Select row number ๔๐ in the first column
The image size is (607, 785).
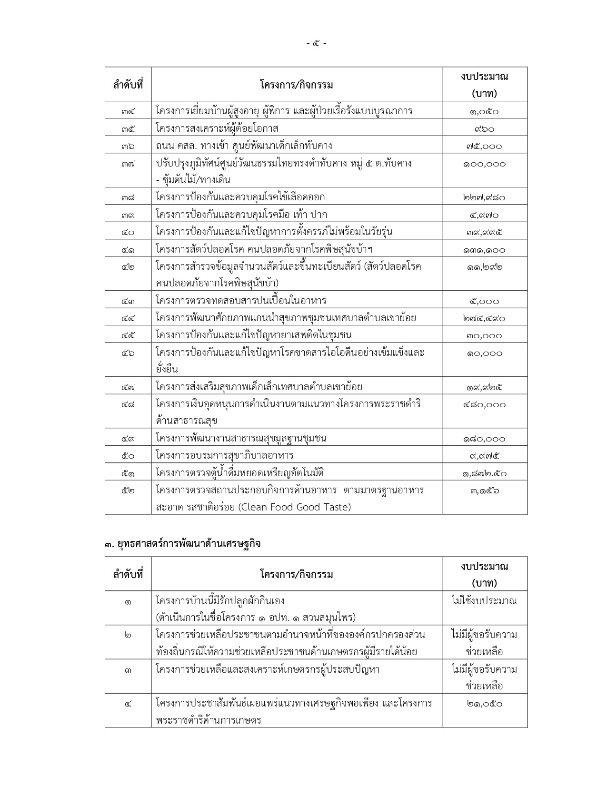coord(128,232)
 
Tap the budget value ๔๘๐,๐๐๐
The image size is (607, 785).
coord(484,405)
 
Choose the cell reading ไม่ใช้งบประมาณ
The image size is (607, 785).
coord(484,601)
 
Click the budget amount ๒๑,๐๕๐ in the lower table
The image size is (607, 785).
coord(484,704)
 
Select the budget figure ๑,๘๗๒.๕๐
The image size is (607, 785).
coord(484,473)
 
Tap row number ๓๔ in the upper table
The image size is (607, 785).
coord(128,111)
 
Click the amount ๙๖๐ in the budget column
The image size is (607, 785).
coord(484,129)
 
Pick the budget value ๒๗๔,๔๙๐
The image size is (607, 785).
coord(484,318)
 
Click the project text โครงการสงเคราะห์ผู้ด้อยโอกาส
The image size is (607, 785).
coord(217,128)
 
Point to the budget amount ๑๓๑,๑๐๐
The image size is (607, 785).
coord(484,250)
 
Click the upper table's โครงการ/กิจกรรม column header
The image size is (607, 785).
coord(296,85)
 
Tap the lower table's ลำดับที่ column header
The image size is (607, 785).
coord(128,574)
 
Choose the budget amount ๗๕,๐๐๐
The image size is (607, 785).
coord(484,146)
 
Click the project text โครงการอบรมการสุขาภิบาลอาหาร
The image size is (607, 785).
coord(224,456)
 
